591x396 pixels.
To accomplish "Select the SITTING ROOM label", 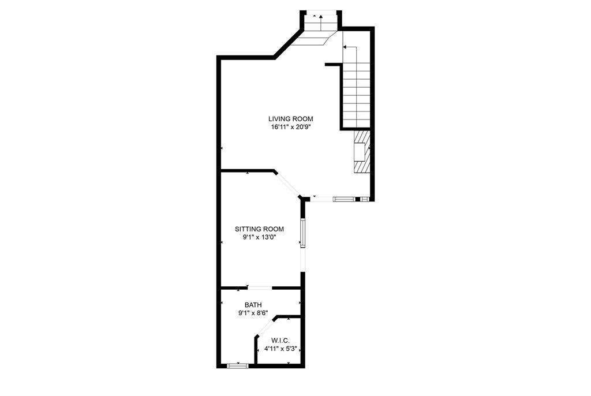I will [x=259, y=229].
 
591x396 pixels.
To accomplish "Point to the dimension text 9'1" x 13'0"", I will [x=259, y=237].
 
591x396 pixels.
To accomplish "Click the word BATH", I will [x=253, y=304].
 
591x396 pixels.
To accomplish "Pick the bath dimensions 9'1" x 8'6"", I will [x=253, y=313].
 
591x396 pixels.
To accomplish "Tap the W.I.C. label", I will [x=281, y=341].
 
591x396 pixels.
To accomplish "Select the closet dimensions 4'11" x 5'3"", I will [x=281, y=349].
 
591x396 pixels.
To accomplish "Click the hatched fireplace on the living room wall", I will [x=360, y=151].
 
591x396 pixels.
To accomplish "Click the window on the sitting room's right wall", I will [x=302, y=233].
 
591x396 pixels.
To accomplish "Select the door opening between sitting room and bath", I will [x=259, y=287].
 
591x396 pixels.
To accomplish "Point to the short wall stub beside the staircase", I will [x=333, y=65].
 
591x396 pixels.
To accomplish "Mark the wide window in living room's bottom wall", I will [x=343, y=199].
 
